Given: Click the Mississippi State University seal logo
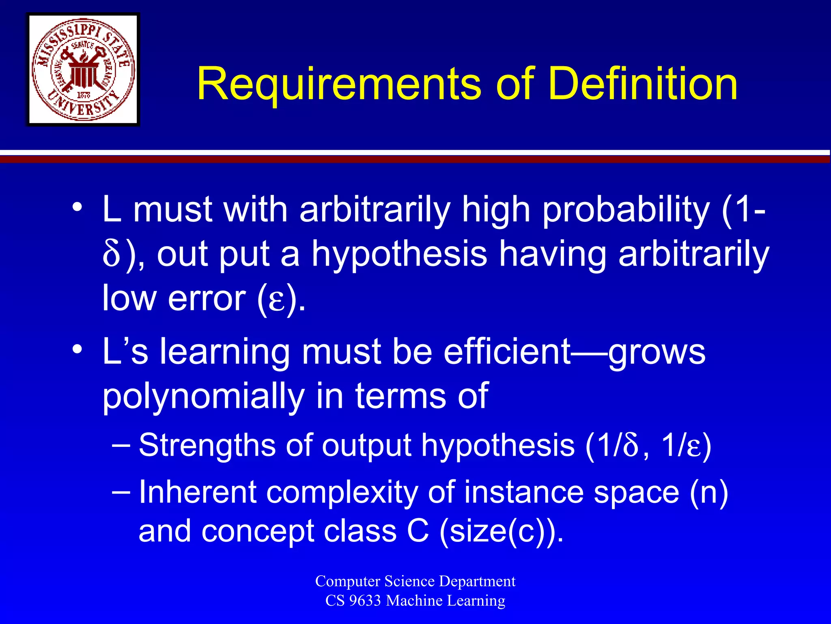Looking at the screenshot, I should [83, 69].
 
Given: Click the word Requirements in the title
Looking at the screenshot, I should [339, 84].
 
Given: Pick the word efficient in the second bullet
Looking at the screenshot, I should [507, 352].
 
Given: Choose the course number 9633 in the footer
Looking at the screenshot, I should [365, 600].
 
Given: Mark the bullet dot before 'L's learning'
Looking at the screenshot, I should [77, 349].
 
